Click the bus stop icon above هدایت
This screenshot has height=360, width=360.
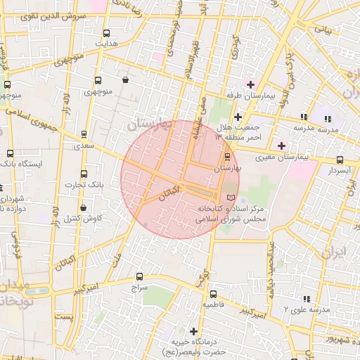(106, 33)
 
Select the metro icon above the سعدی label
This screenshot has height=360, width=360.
(84, 134)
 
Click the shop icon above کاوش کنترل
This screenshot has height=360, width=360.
(84, 208)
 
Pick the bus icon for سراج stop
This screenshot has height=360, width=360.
(139, 277)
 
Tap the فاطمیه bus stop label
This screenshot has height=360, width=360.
(213, 305)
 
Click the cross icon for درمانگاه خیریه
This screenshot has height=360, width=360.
(193, 330)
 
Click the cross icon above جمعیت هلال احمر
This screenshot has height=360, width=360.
(238, 117)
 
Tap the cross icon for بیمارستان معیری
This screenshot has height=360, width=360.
(282, 146)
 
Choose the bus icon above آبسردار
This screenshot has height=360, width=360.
(340, 160)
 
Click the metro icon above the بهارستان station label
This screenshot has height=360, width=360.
(226, 157)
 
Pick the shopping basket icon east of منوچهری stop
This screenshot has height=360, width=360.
(125, 80)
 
